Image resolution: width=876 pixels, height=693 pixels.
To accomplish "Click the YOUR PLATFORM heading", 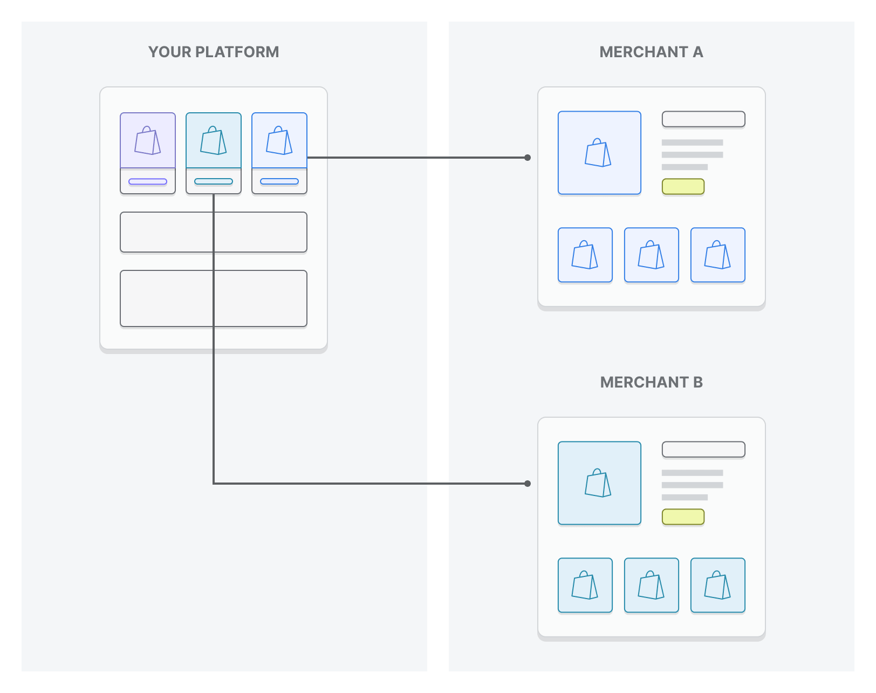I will pos(214,52).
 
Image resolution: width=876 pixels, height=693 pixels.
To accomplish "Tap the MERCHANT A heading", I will pos(651,52).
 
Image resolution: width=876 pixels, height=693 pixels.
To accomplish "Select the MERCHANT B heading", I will pos(651,382).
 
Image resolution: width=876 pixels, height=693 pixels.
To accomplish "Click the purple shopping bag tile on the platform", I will pos(148,140).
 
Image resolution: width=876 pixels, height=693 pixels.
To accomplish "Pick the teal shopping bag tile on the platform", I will pos(214,140).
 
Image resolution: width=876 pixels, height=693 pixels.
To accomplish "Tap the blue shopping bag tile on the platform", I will pos(279,140).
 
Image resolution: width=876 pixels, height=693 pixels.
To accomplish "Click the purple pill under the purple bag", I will pos(148,181).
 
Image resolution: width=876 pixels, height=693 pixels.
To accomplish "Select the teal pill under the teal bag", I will pos(214,181).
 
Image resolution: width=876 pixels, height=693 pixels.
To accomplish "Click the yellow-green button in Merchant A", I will pos(683,186).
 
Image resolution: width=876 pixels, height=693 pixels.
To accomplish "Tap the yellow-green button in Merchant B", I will pos(683,517).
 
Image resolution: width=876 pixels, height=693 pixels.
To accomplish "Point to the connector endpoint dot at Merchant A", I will pos(528,158).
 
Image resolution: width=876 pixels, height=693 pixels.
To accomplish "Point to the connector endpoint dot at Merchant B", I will pos(528,484).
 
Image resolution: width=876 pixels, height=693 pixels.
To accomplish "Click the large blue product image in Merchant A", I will pos(599,153).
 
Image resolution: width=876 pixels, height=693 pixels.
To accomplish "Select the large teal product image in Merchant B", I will pos(599,483).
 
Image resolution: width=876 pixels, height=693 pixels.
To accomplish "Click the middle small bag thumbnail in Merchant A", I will pos(651,255).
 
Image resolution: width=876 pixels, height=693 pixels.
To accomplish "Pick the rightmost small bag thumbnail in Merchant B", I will pos(717,585).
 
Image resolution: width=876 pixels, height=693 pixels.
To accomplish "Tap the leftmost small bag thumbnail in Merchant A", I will pos(585,255).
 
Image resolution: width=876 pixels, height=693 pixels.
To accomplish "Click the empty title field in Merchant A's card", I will pos(703,119).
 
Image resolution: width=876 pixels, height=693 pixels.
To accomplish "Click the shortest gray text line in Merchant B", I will pos(685,497).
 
